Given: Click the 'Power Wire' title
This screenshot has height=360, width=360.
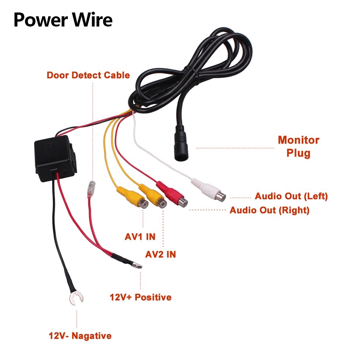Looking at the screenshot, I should pyautogui.click(x=63, y=20).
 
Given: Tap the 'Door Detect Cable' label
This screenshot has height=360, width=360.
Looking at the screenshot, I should pyautogui.click(x=88, y=75).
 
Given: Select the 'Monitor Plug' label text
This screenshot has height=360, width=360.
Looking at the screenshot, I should pyautogui.click(x=298, y=146).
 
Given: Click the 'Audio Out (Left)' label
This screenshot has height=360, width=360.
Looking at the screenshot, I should pyautogui.click(x=291, y=196).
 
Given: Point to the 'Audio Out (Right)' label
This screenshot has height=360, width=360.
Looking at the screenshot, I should pyautogui.click(x=269, y=210).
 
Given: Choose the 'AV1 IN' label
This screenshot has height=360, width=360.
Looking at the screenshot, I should pyautogui.click(x=140, y=237).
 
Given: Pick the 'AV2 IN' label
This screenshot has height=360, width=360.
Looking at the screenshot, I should pyautogui.click(x=161, y=254).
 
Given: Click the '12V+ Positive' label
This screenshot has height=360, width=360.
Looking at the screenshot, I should pyautogui.click(x=141, y=297).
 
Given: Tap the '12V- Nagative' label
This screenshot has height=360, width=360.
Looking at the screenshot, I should pyautogui.click(x=80, y=336).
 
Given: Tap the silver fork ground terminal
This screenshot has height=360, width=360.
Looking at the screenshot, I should pyautogui.click(x=76, y=299).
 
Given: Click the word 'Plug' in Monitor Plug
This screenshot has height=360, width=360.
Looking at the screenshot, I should pyautogui.click(x=298, y=153).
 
